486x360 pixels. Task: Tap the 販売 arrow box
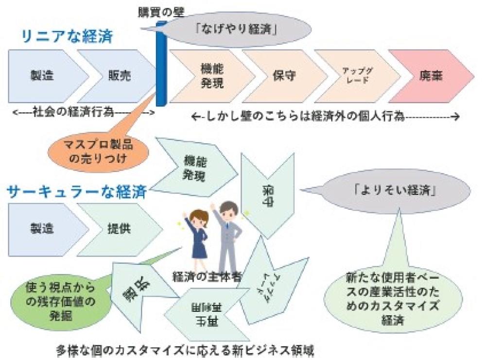[119, 76]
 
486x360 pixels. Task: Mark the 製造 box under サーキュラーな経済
[41, 227]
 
